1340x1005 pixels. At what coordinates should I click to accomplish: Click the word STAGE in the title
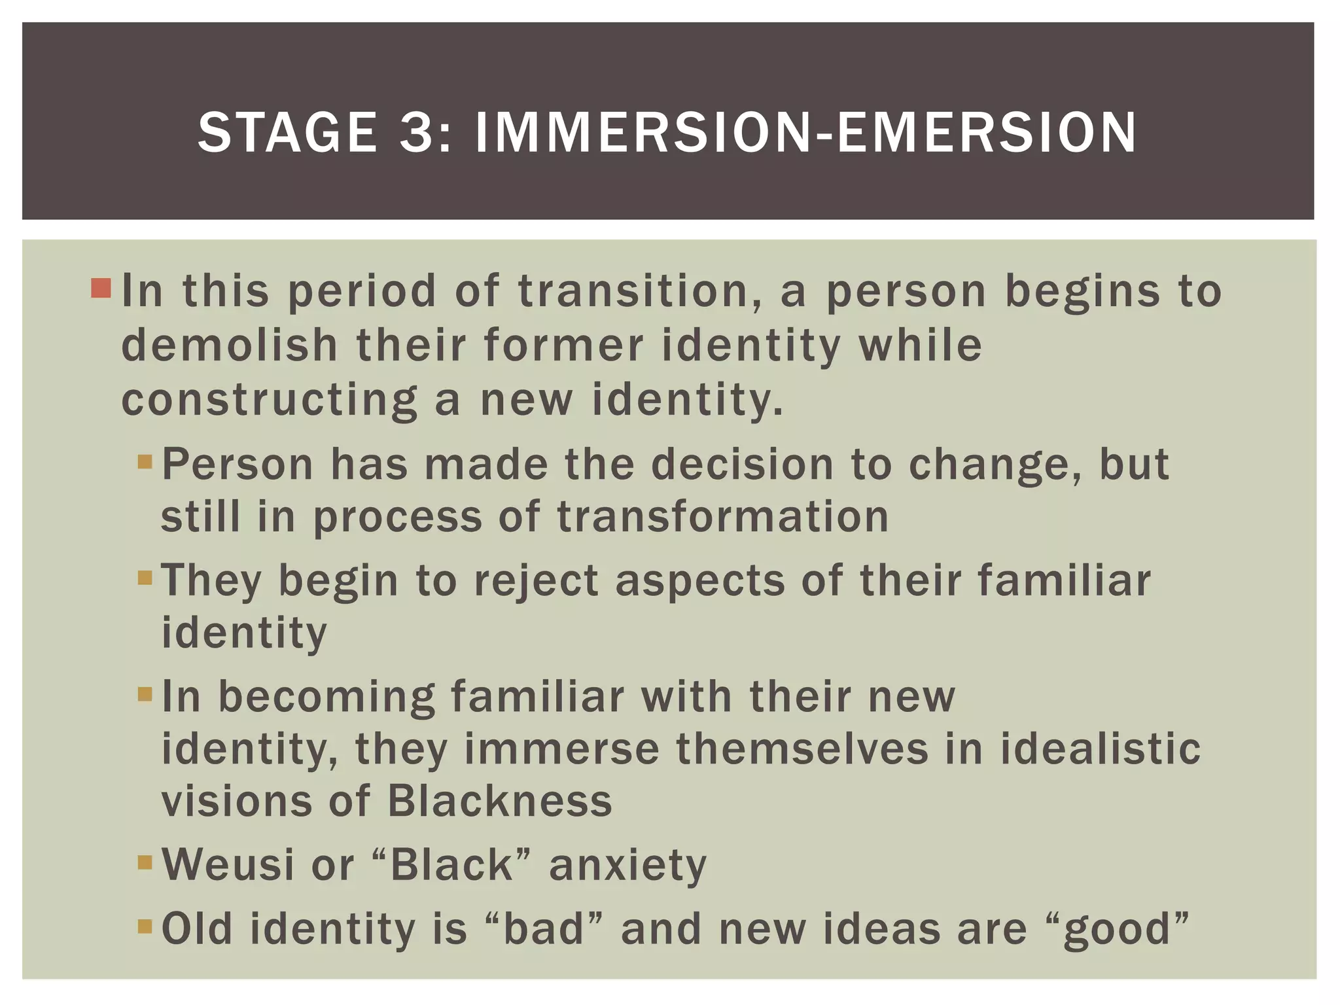tap(287, 133)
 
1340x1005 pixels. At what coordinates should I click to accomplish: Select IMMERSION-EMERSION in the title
tap(805, 133)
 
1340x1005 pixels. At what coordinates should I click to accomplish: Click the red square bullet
tap(101, 288)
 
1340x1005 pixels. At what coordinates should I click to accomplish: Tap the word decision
tap(742, 465)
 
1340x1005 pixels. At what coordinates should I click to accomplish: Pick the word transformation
tap(723, 517)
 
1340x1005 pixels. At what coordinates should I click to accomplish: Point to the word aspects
tap(700, 580)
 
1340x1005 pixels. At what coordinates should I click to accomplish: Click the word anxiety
tap(628, 865)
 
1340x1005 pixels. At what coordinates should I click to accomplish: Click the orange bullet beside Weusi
tap(145, 862)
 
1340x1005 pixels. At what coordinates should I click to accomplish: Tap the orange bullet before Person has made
tap(145, 463)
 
